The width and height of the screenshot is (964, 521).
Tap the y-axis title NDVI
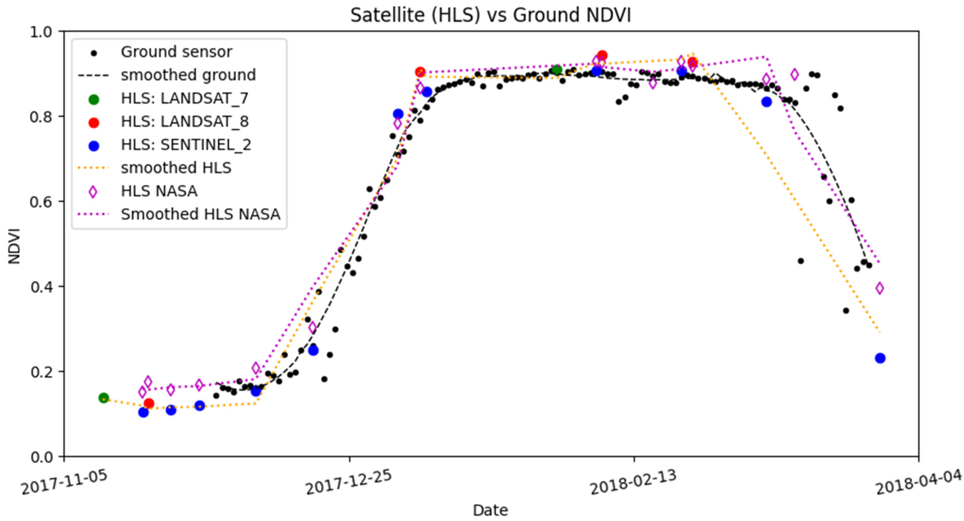pos(14,246)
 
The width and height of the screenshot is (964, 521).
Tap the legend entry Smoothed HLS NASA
pos(200,214)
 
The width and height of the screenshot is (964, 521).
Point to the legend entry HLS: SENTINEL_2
pos(186,145)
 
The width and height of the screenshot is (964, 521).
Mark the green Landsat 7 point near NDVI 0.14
pos(104,398)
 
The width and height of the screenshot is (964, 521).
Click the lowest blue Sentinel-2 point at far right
pos(880,358)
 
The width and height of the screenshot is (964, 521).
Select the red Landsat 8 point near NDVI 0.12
pos(149,403)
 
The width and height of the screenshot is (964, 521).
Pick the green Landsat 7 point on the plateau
pos(557,70)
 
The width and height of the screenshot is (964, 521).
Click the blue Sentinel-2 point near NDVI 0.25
pos(313,350)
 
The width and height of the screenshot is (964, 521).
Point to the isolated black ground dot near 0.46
pos(800,261)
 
